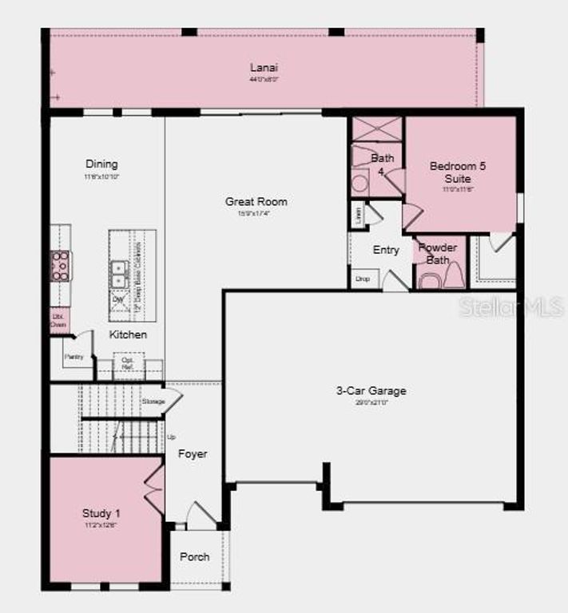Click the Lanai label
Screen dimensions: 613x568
(x=263, y=67)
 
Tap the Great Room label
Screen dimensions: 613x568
(x=256, y=202)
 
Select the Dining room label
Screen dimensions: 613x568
(x=101, y=164)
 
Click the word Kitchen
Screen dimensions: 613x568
(x=128, y=335)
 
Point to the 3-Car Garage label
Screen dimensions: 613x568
(x=371, y=391)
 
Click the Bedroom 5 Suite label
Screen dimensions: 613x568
(x=458, y=172)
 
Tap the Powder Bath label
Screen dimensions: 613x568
(x=438, y=253)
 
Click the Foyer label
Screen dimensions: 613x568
(x=193, y=454)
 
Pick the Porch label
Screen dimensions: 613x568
(x=194, y=556)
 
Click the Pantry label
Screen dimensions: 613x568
(x=73, y=357)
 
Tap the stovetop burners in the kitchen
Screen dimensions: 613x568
(x=61, y=266)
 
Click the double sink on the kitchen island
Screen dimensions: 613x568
(x=118, y=274)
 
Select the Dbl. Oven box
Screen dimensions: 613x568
(x=58, y=320)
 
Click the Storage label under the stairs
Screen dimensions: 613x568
(x=153, y=401)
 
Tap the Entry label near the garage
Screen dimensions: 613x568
(x=386, y=251)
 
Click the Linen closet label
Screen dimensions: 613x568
(x=356, y=214)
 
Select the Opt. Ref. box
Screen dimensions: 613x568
(x=128, y=364)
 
